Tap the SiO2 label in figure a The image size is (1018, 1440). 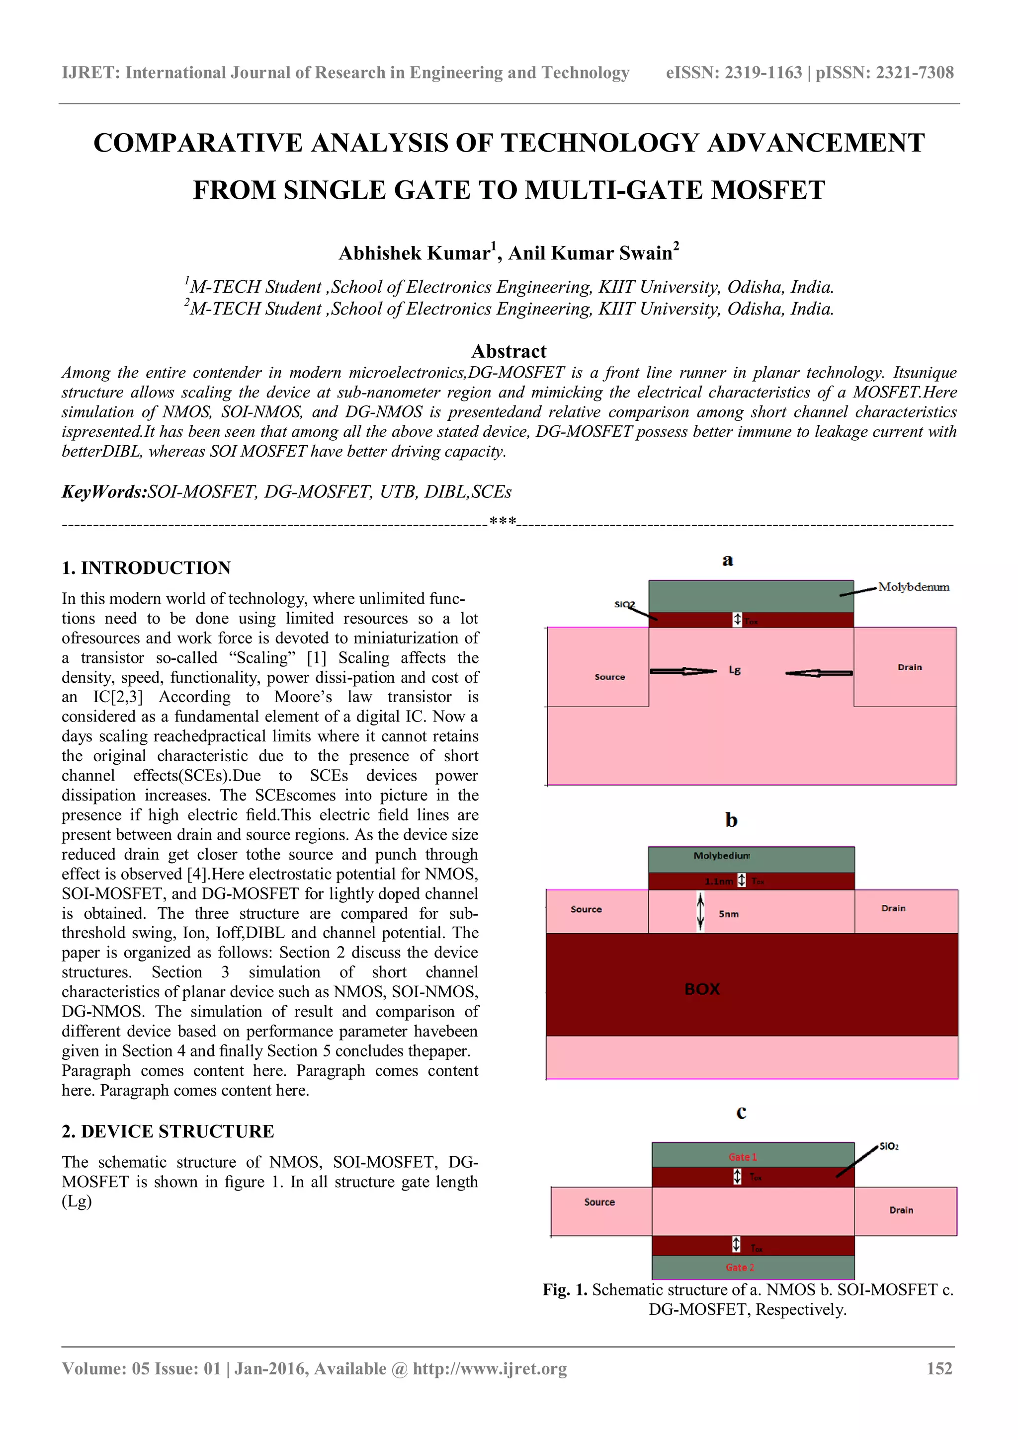pyautogui.click(x=624, y=604)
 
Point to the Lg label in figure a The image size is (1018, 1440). pyautogui.click(x=735, y=670)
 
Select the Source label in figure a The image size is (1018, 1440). pyautogui.click(x=610, y=677)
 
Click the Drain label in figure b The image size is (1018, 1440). pyautogui.click(x=893, y=908)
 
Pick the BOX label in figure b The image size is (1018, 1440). pyautogui.click(x=702, y=989)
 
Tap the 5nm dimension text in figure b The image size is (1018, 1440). pyautogui.click(x=728, y=914)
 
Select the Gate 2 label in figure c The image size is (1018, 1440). pyautogui.click(x=740, y=1268)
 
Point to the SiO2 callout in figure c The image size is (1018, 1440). pyautogui.click(x=889, y=1146)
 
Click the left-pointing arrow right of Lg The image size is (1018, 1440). pyautogui.click(x=819, y=673)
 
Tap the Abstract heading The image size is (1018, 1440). pyautogui.click(x=509, y=351)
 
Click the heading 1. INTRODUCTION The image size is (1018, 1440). pyautogui.click(x=146, y=567)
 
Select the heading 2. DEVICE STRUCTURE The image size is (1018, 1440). pyautogui.click(x=168, y=1131)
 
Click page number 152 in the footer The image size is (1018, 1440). pyautogui.click(x=939, y=1368)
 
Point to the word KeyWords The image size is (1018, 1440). pyautogui.click(x=103, y=492)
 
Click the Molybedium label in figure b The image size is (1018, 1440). pyautogui.click(x=721, y=856)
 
